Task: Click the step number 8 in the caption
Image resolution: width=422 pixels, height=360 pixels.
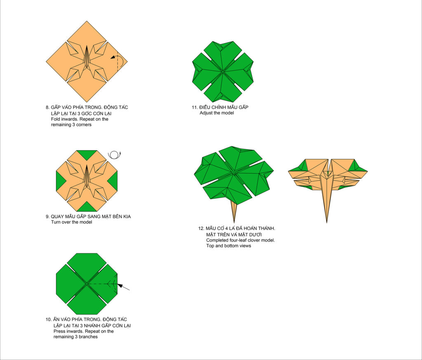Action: [47, 108]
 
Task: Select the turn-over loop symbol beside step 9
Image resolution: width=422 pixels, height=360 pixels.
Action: [115, 155]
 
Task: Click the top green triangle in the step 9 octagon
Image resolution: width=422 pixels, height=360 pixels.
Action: [87, 155]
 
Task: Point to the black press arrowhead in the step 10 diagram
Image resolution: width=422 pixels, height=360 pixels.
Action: [120, 286]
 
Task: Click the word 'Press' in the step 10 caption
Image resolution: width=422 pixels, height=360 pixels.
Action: [59, 331]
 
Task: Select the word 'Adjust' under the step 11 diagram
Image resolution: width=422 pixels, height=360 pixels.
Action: [206, 113]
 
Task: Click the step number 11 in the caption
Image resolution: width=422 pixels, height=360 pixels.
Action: [195, 108]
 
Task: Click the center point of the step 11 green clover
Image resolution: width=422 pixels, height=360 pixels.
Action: [223, 71]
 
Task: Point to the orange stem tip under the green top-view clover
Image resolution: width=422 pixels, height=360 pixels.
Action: [234, 222]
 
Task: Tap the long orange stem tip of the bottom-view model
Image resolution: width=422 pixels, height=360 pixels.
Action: [327, 222]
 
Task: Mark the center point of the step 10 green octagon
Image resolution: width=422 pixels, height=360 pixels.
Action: [87, 283]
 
